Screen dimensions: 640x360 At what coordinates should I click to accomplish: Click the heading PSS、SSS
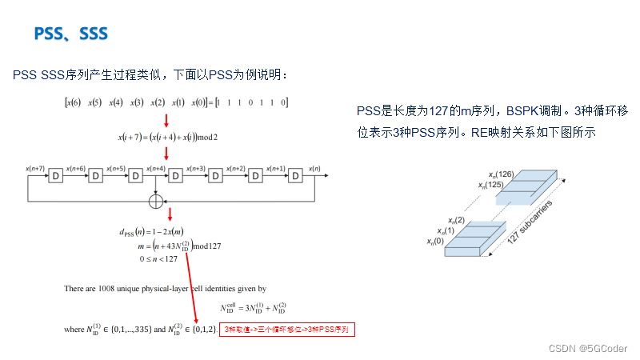pos(70,34)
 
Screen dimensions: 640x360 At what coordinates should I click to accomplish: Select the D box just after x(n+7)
pos(56,176)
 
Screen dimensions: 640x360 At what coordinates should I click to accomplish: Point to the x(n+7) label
pos(36,168)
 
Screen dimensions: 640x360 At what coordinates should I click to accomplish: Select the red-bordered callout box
pos(286,330)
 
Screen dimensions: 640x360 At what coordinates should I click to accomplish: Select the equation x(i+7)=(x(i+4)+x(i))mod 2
pos(168,137)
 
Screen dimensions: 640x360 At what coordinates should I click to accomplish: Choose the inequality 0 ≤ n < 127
pos(159,258)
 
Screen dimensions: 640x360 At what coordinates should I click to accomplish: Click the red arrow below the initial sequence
pos(166,120)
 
